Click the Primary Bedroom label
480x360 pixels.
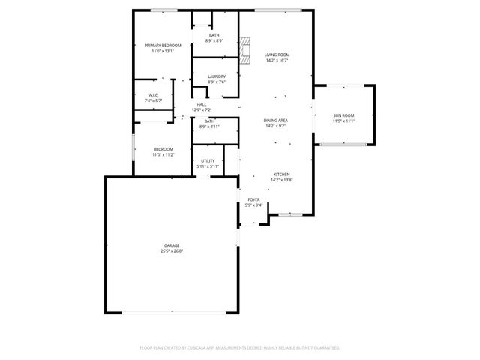pos(163,46)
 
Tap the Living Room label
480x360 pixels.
pos(277,55)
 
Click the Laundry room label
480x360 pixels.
pos(217,76)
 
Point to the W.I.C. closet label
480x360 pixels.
pos(153,95)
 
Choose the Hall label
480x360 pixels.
pos(202,104)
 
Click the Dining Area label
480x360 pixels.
pos(276,120)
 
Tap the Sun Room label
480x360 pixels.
pos(344,115)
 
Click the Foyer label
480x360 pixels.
pos(254,199)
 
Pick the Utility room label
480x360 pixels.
pos(208,161)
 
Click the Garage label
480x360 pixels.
pos(172,246)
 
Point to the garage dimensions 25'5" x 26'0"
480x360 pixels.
pos(172,251)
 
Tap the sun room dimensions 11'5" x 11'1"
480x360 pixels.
pos(344,121)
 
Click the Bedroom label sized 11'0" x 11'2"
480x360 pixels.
pos(163,149)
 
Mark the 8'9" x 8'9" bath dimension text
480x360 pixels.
pos(214,40)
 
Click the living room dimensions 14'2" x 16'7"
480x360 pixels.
pos(277,61)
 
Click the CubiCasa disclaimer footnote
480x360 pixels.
pos(240,347)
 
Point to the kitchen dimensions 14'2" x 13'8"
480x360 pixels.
pos(281,180)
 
